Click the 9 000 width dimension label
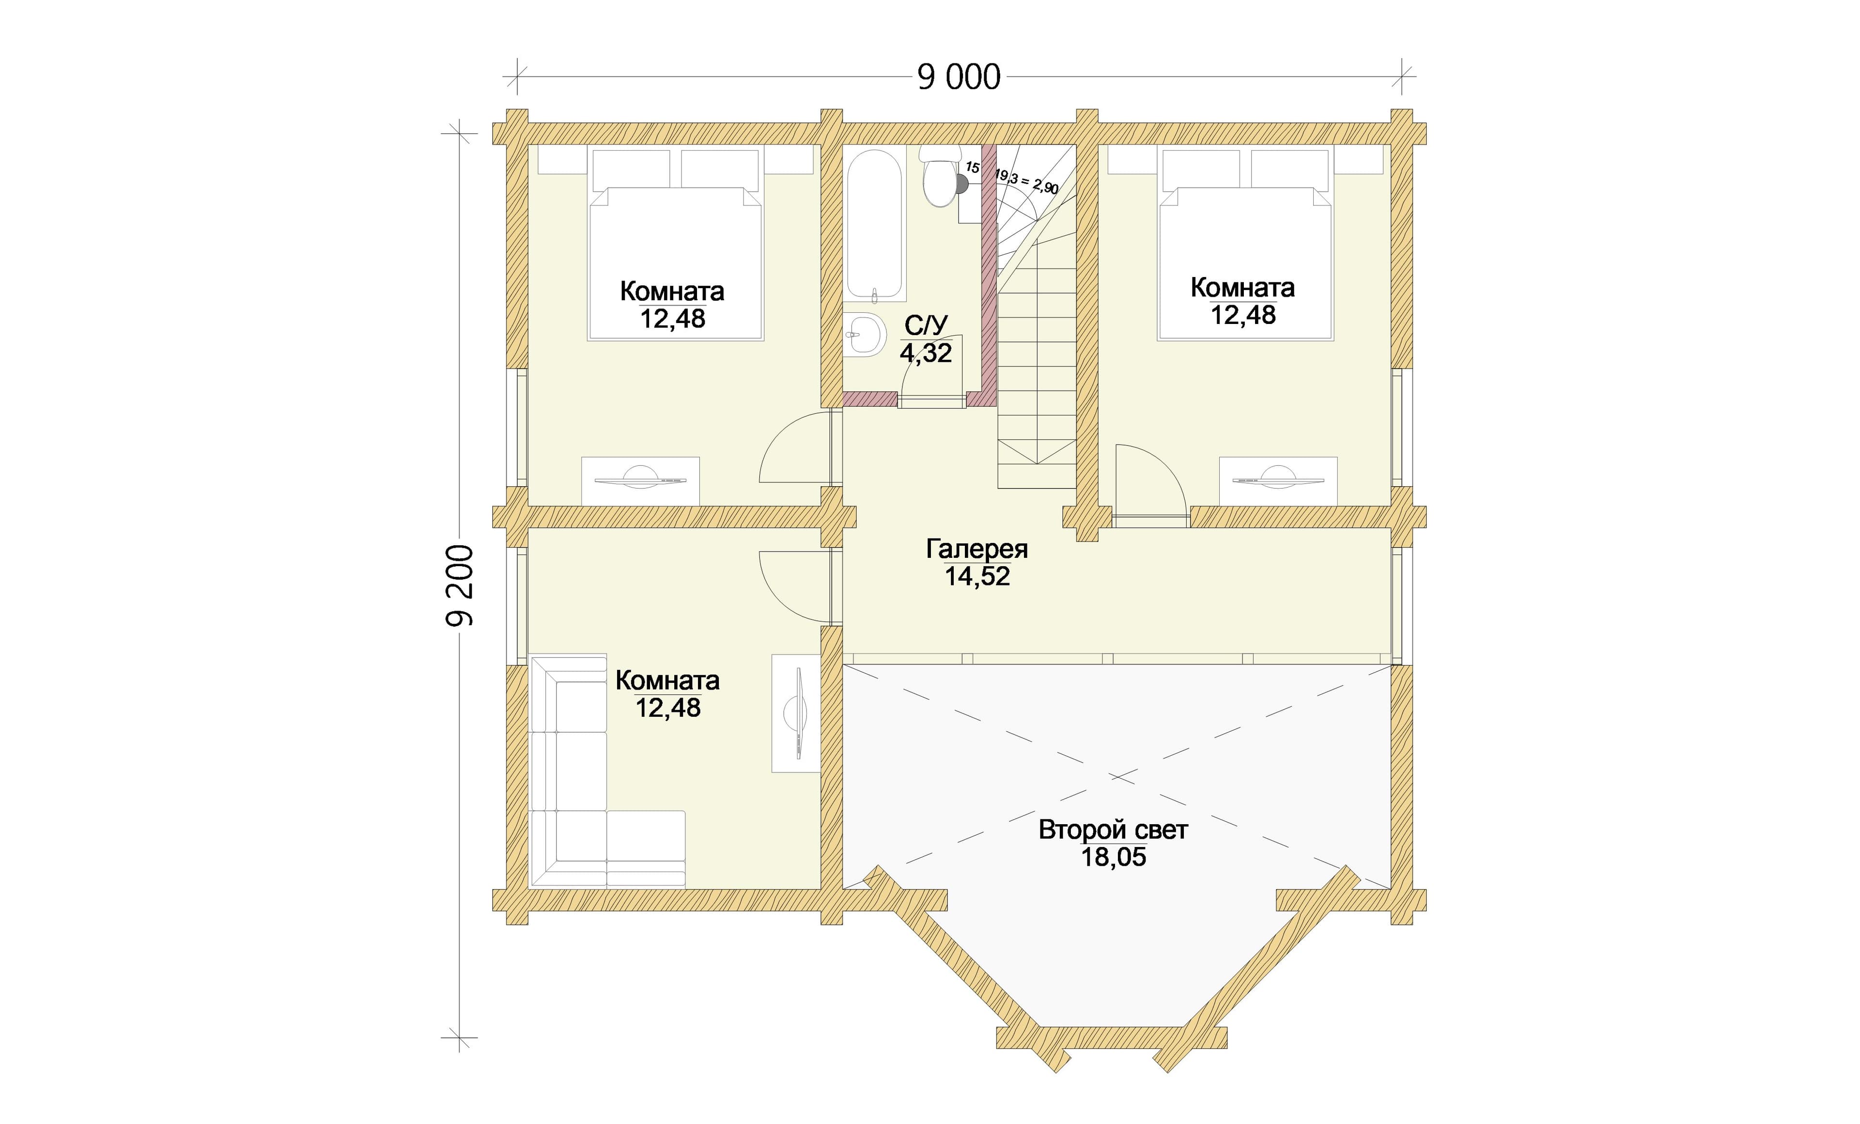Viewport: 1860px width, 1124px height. coord(959,77)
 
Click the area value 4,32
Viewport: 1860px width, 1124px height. coord(926,353)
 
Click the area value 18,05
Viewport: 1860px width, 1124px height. coord(1114,858)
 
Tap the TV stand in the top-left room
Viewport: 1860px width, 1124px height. coord(640,481)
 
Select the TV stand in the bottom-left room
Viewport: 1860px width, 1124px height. coord(796,713)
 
